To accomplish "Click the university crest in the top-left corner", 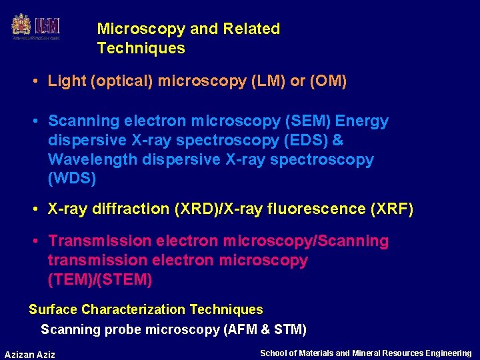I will point(21,26).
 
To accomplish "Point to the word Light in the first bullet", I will point(67,81).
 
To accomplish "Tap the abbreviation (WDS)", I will point(72,179).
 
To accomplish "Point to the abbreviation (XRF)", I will point(391,209).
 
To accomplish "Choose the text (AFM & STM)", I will point(265,329).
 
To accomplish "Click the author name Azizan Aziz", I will point(30,354).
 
